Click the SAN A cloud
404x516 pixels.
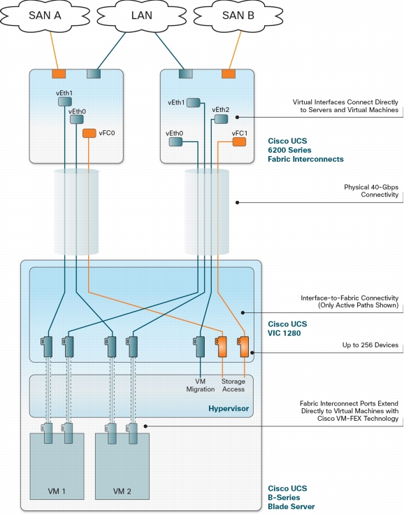[45, 16]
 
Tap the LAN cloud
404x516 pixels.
[142, 16]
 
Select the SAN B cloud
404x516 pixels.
[238, 16]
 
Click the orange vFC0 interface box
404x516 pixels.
[89, 133]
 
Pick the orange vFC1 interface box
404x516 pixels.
[239, 142]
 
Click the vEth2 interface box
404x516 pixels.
[221, 119]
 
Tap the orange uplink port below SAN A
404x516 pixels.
[59, 74]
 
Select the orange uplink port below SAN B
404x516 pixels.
[229, 74]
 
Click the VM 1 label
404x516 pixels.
[57, 491]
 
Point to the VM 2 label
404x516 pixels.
[122, 491]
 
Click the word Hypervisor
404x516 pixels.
[229, 409]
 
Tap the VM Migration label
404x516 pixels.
[201, 385]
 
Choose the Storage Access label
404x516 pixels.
[233, 385]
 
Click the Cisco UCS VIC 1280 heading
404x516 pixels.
[287, 329]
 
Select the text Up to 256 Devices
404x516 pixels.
[370, 345]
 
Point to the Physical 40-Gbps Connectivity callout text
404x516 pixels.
[371, 191]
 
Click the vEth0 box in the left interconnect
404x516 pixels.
[76, 119]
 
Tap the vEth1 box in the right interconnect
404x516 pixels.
[194, 103]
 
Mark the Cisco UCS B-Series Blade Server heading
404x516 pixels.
[291, 497]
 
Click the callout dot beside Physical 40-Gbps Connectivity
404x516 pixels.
[237, 202]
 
